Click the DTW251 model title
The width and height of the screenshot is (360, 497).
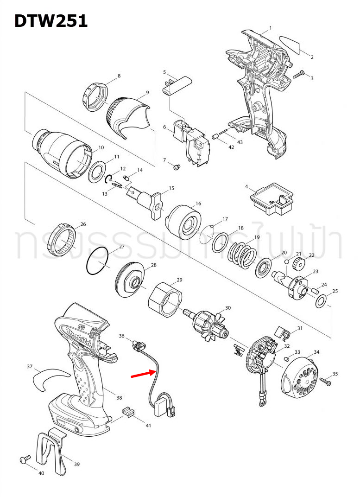[x=51, y=20]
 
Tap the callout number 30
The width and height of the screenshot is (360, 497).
[x=227, y=308]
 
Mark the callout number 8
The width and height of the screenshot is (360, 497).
[x=119, y=76]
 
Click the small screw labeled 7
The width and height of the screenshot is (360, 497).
[x=176, y=166]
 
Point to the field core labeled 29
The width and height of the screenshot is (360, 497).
[x=164, y=300]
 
